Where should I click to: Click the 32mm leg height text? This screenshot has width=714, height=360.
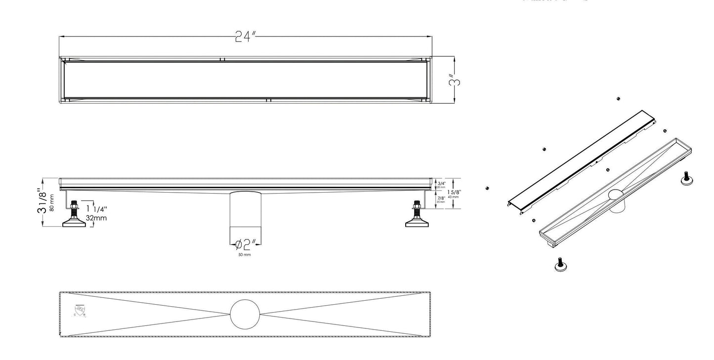coord(96,218)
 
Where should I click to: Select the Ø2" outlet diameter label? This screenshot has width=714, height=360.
coord(246,244)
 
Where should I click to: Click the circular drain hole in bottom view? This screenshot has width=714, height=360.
coord(245,314)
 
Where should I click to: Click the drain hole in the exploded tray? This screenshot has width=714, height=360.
coord(616,195)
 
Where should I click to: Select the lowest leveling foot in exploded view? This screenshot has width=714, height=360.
coord(560,265)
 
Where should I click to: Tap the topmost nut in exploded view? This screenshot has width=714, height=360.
coord(618,99)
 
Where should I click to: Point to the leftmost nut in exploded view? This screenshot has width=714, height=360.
coord(487,188)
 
